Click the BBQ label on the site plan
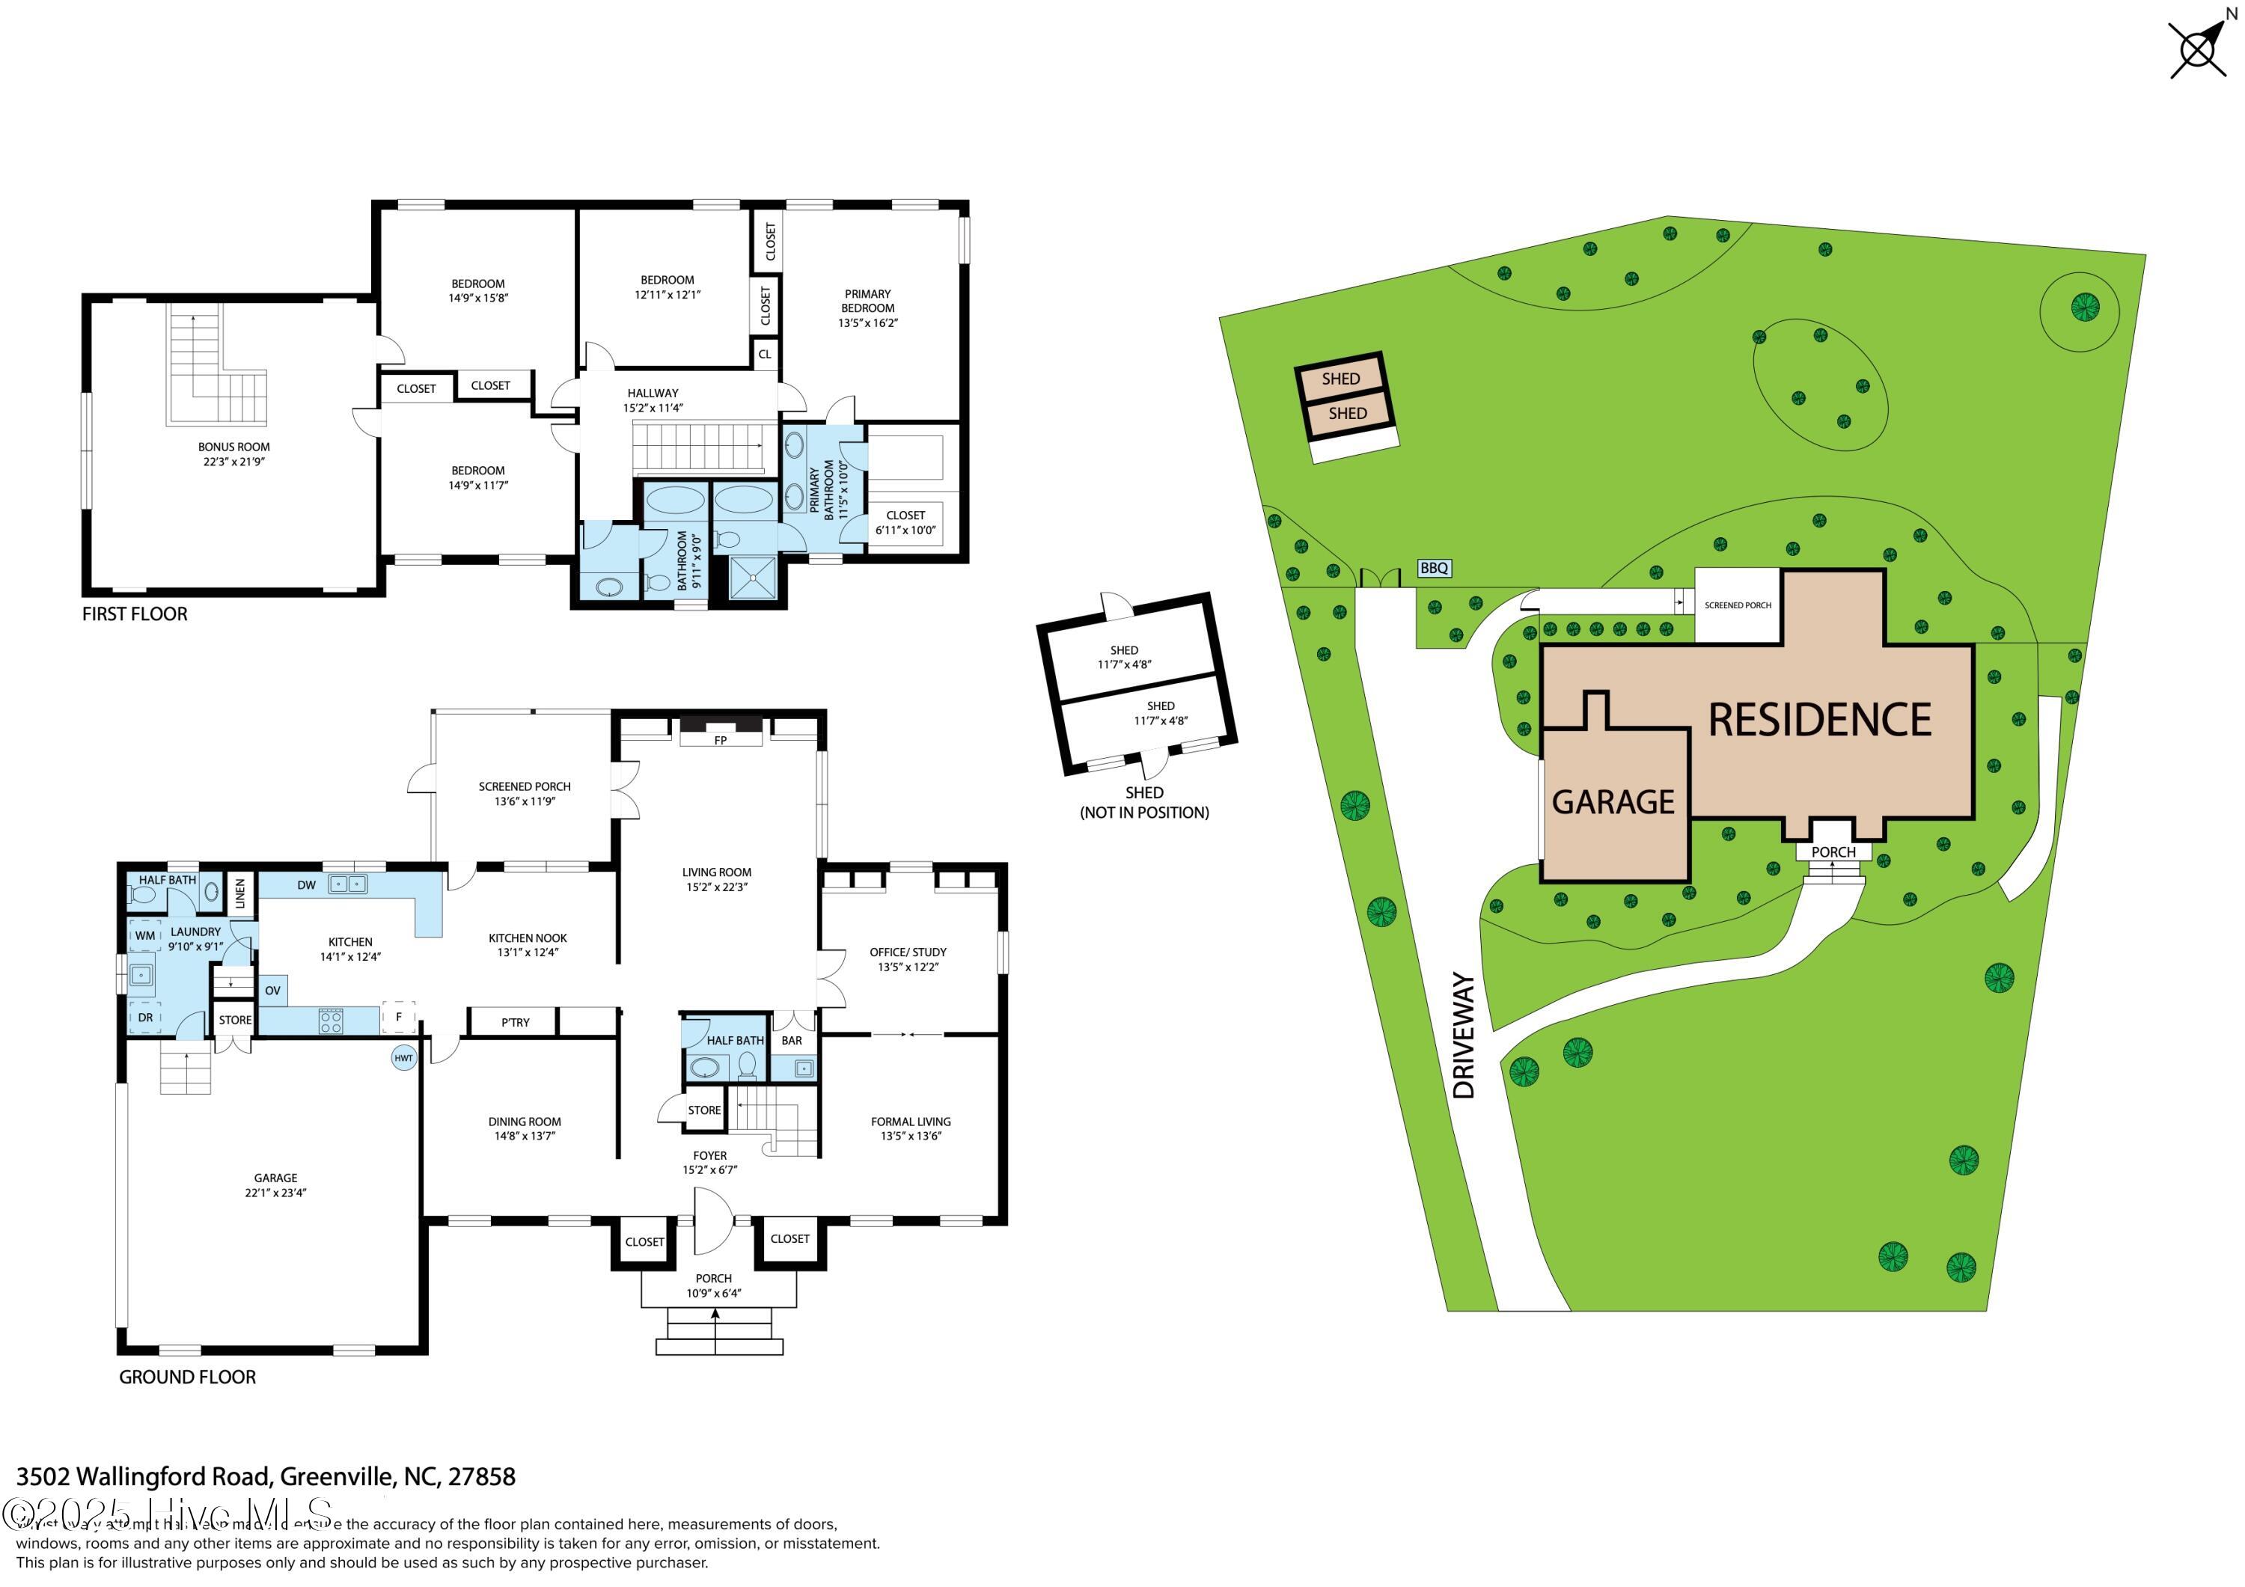tap(1434, 568)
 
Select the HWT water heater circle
tap(403, 1058)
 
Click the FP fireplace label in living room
tap(721, 740)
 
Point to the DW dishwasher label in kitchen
tap(306, 885)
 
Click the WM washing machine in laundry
tap(144, 936)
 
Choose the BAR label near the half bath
tap(791, 1040)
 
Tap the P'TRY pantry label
tap(516, 1023)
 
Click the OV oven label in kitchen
tap(273, 991)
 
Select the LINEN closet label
tap(240, 892)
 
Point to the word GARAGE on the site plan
tap(1613, 802)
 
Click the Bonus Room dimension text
tap(233, 462)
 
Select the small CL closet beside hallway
tap(765, 354)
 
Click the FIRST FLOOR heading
tap(135, 614)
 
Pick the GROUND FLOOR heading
tap(187, 1377)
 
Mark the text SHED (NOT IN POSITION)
tap(1144, 802)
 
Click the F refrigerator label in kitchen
tap(399, 1017)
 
